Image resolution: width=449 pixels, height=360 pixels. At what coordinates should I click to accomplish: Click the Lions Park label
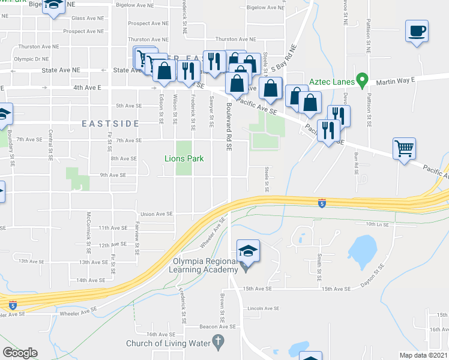click(184, 158)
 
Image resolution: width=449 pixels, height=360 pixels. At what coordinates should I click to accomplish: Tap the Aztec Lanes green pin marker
click(361, 79)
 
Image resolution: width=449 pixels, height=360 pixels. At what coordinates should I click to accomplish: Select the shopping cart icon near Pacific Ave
click(404, 148)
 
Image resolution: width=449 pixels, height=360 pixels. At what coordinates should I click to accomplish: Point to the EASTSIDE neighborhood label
click(111, 124)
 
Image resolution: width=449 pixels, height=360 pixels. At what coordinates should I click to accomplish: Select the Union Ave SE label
click(156, 214)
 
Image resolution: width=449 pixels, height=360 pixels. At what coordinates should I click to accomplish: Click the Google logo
click(20, 352)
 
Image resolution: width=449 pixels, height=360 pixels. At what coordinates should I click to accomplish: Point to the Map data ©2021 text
click(423, 355)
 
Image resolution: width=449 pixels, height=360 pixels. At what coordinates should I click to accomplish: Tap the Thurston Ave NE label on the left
click(38, 46)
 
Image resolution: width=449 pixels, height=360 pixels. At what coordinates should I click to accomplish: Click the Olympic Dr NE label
click(31, 59)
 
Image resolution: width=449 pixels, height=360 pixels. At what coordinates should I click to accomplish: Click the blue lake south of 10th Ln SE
click(361, 247)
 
